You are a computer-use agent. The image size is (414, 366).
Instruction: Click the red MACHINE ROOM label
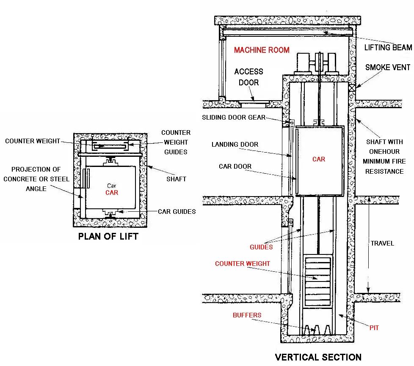coord(262,50)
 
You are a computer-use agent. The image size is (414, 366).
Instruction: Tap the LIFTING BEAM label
coord(388,48)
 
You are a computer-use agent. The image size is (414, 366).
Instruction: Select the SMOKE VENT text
coord(388,68)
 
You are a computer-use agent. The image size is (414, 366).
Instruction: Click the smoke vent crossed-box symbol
coord(352,87)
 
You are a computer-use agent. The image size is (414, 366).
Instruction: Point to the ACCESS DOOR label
coord(248,77)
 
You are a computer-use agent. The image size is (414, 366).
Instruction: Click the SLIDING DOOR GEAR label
coord(234,117)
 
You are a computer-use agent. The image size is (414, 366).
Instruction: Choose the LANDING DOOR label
coord(235,145)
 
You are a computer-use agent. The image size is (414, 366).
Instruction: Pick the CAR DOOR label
coord(235,167)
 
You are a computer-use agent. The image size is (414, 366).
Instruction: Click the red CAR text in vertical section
coord(319,159)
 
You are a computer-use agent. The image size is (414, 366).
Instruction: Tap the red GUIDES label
coord(261,247)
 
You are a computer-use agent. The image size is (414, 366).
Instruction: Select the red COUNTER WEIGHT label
coord(243,264)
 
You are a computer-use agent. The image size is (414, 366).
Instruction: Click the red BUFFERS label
coord(247,315)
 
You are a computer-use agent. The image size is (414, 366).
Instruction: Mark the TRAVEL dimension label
coord(382,243)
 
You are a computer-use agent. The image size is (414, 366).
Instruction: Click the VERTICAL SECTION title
coord(318,358)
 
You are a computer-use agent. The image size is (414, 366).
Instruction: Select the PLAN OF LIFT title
coord(108,237)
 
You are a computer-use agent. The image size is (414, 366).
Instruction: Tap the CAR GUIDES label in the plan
coord(177,211)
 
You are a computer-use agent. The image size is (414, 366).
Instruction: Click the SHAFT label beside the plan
coord(176,179)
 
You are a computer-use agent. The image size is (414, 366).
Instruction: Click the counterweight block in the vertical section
coord(318,281)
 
